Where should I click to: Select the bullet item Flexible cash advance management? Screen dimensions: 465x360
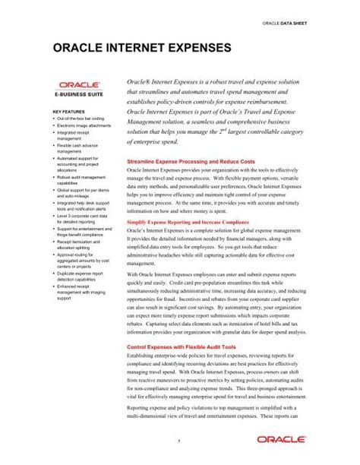click(81, 148)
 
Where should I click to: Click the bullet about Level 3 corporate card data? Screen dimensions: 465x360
click(83, 217)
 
